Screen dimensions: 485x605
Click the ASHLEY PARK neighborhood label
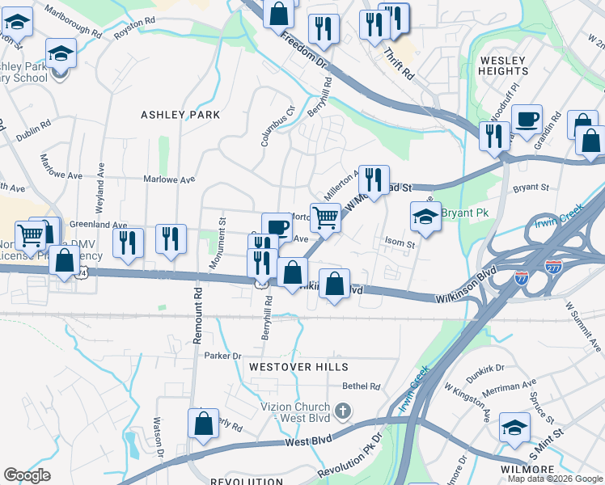[180, 115]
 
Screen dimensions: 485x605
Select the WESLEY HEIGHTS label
[503, 65]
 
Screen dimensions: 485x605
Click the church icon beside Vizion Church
[343, 411]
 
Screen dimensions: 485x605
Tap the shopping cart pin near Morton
[324, 217]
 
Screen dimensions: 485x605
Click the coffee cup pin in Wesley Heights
[527, 120]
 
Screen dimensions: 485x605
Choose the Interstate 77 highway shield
[522, 279]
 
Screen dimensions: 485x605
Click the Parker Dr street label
[223, 356]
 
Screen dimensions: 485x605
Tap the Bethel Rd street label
[361, 387]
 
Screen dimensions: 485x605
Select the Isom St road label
[400, 242]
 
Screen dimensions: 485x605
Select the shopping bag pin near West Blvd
[204, 424]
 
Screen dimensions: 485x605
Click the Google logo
[27, 475]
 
